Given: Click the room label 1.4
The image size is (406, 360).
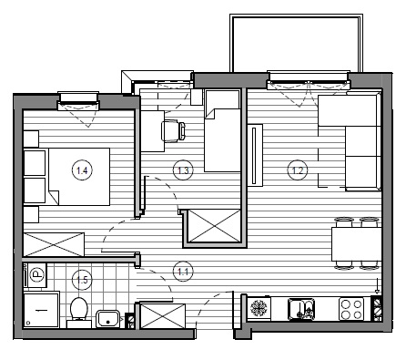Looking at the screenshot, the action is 82,170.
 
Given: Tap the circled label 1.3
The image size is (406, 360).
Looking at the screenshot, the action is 183,170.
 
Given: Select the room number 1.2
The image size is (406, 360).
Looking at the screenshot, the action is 298,170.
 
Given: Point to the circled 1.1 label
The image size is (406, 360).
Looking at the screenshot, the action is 183,272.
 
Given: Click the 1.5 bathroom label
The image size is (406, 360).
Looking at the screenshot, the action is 82,280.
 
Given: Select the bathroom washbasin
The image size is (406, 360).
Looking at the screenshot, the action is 108,319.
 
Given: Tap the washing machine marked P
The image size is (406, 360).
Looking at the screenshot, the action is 36,275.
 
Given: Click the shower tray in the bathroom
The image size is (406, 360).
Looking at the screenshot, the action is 41,309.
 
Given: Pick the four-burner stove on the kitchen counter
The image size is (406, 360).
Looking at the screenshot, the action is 351,309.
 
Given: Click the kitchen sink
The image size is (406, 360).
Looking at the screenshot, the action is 301,309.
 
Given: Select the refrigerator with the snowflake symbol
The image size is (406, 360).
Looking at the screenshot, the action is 259,308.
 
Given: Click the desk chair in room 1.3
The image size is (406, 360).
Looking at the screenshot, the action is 173,131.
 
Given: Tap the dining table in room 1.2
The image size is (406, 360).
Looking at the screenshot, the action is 356,244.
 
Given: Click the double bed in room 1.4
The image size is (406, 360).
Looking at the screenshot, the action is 79,177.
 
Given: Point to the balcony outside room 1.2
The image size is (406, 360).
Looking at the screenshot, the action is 296,43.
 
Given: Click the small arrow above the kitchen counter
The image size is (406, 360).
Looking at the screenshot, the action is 377,286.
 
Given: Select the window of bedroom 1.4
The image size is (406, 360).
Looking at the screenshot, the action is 78,101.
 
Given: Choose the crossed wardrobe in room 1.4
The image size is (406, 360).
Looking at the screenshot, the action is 54,244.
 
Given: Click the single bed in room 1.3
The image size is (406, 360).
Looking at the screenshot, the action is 223,131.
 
